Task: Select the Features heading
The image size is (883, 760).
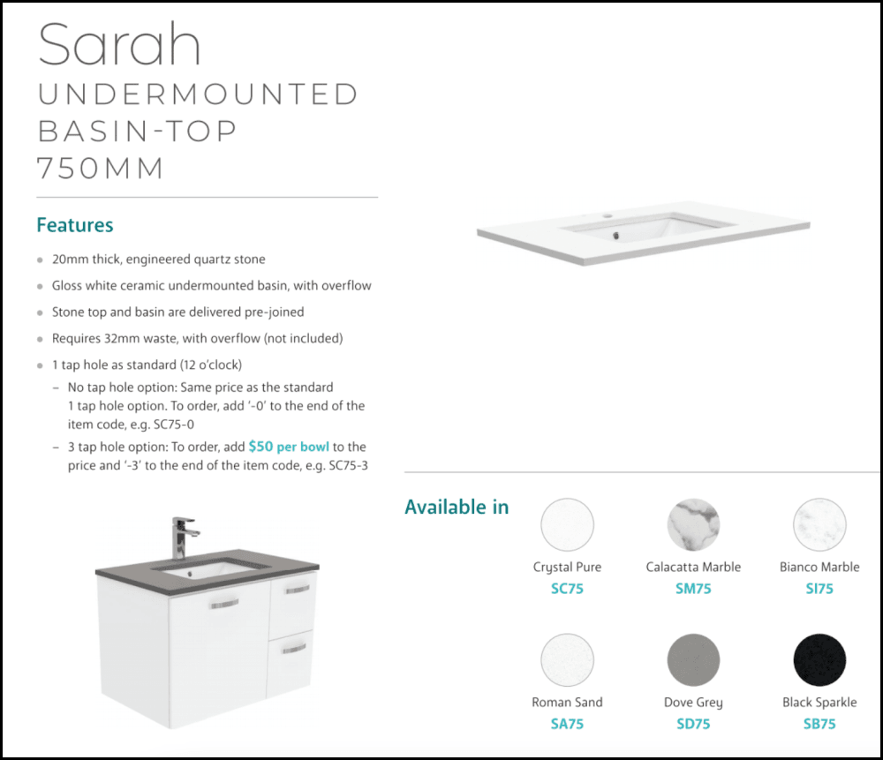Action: point(75,225)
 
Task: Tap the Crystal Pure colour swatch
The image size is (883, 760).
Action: point(567,525)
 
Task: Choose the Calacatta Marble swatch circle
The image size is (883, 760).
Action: point(693,525)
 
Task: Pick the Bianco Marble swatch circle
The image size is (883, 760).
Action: point(819,525)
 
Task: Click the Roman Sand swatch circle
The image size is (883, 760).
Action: point(567,661)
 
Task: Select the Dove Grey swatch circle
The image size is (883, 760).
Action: point(693,661)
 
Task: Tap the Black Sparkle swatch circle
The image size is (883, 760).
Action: point(819,661)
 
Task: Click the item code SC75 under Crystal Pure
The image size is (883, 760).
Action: point(567,589)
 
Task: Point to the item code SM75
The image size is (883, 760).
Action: point(693,589)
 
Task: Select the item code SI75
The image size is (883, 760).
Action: point(819,589)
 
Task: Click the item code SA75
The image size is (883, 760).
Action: point(567,724)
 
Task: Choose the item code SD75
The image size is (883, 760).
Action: point(693,724)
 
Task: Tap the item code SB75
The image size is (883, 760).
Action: point(819,724)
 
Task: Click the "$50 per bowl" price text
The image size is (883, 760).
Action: point(289,448)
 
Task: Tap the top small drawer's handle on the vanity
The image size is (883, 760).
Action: point(298,589)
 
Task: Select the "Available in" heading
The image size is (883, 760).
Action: point(457,508)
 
